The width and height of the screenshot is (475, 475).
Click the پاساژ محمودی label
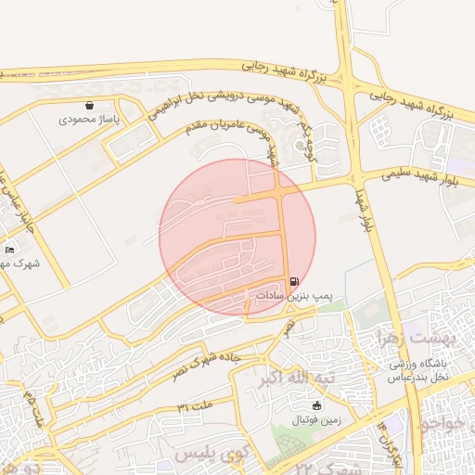[85, 119]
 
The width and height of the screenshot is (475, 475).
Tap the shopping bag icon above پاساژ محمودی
[88, 106]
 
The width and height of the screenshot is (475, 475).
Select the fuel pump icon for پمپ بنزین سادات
[295, 281]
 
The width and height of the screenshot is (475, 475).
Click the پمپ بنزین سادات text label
[293, 295]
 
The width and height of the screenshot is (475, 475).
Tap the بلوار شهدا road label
[364, 212]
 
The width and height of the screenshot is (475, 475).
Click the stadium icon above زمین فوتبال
[315, 405]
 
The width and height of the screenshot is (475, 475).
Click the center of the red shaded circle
[237, 237]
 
